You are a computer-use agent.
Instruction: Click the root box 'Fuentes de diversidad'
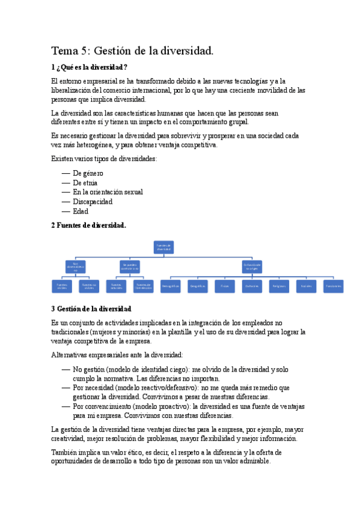164,247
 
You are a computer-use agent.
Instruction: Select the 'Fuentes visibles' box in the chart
62,286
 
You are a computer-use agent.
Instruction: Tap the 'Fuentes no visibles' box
89,286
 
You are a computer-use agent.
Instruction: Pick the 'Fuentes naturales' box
116,286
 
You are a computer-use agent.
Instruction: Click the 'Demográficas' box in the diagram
171,286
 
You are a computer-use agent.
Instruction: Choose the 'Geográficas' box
198,286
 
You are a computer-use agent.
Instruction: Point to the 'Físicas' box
224,286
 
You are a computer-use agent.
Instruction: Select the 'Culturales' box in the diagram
252,286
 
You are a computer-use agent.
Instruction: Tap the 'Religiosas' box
279,286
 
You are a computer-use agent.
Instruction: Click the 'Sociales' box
306,286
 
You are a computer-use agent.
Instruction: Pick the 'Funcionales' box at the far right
334,286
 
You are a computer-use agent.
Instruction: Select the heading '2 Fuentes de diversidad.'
88,225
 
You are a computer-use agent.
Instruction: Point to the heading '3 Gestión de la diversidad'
91,309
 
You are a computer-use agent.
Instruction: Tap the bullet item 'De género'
88,173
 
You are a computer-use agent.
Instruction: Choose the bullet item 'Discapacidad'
93,201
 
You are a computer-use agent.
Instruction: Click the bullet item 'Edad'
81,211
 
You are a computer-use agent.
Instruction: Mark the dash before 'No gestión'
66,370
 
